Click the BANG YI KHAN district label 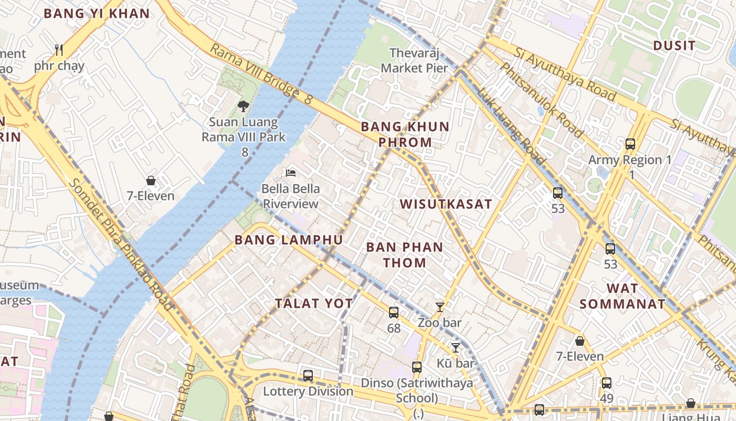[x=96, y=14]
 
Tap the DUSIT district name [x=674, y=46]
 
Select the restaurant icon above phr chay [x=59, y=51]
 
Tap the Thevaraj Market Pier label [x=414, y=61]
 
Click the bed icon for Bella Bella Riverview [x=290, y=173]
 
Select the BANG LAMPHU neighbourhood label [x=289, y=240]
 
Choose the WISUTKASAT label [x=446, y=204]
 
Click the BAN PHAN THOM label [x=404, y=255]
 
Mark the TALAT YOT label [x=314, y=303]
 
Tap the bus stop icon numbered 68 [x=393, y=313]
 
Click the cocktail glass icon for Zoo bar [x=440, y=307]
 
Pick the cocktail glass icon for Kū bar [x=455, y=348]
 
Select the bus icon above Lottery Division [x=308, y=376]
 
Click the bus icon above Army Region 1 [x=630, y=144]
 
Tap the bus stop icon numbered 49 [x=606, y=383]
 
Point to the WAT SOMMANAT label [x=622, y=296]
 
